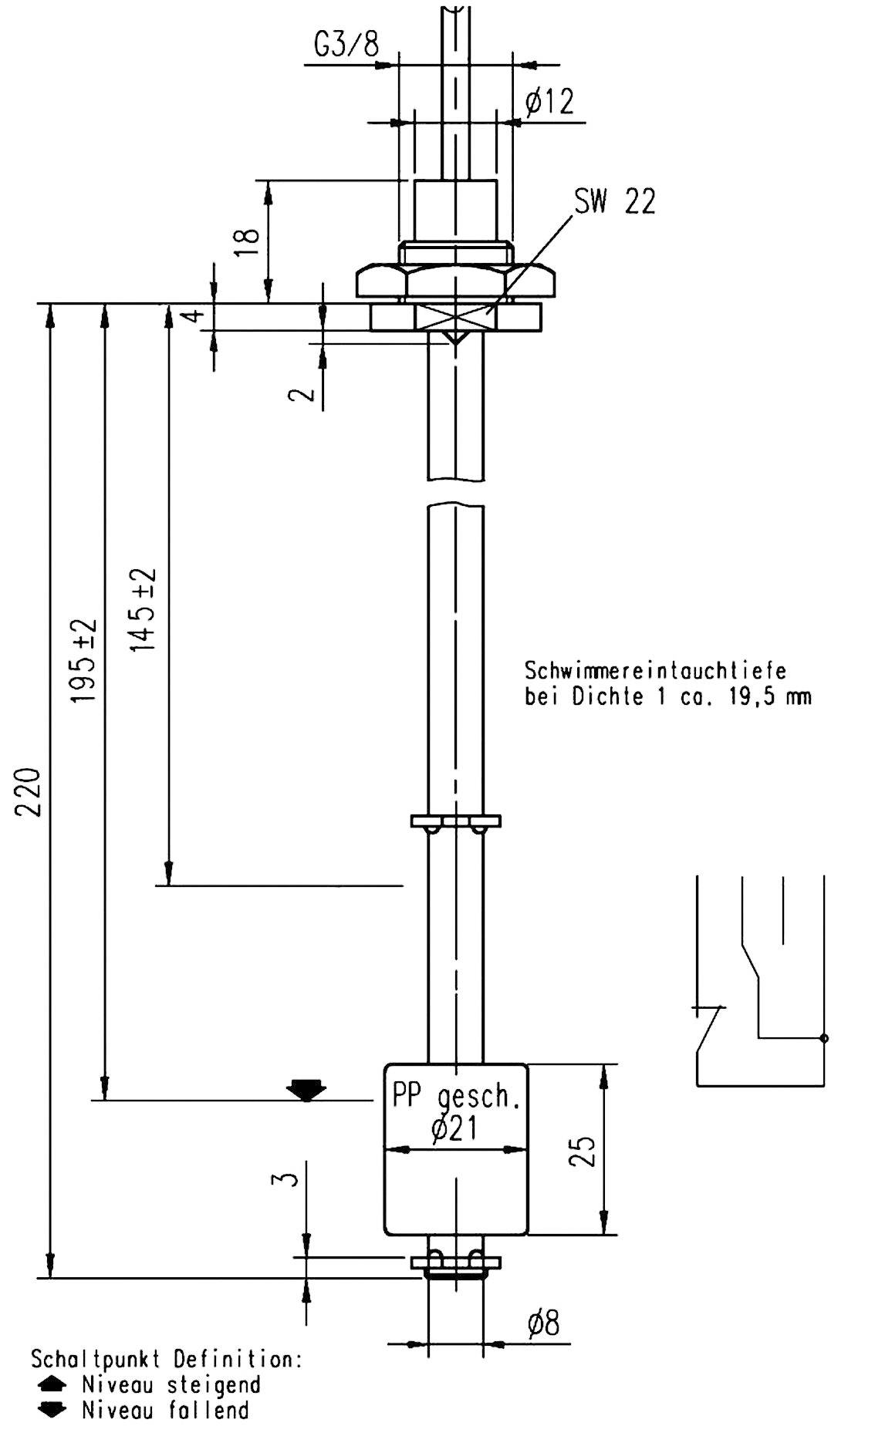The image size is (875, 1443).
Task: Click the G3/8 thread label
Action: [346, 46]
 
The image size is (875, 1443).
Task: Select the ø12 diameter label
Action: [549, 102]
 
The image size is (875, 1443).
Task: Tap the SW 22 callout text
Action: [614, 202]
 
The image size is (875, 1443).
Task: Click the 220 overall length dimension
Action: [29, 791]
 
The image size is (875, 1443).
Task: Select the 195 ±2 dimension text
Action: [84, 660]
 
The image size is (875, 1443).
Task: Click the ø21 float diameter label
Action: [455, 1128]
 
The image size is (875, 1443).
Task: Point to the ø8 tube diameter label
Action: [543, 1324]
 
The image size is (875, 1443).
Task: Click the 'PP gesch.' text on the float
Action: [456, 1096]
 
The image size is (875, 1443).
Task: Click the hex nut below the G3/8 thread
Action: [455, 282]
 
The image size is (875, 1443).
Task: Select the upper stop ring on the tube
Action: [455, 821]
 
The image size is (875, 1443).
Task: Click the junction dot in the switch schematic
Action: [824, 1038]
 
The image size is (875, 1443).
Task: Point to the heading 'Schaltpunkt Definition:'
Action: [166, 1358]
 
